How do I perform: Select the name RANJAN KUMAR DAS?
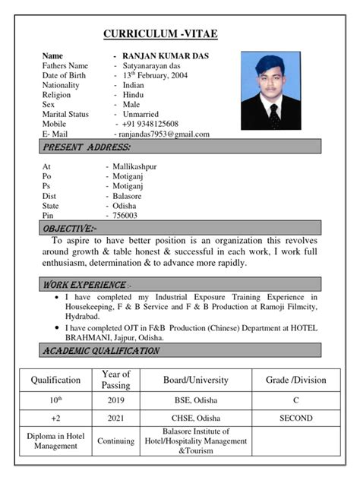point(166,56)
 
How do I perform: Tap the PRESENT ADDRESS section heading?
point(87,147)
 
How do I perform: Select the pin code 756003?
point(125,216)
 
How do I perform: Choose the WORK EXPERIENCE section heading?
point(85,285)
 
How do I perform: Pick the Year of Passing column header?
point(115,380)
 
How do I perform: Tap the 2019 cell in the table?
point(115,399)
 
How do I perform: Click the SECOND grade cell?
point(295,418)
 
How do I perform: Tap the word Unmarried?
point(141,114)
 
